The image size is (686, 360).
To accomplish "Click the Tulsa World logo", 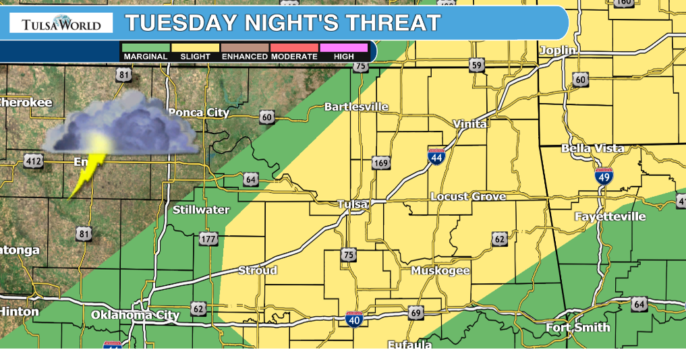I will click(61, 24).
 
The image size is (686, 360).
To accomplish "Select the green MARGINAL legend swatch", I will click(145, 48).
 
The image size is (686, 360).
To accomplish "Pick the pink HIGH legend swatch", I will click(343, 48).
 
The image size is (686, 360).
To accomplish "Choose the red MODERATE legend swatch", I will click(294, 48).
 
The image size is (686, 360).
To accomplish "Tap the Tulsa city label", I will click(353, 204).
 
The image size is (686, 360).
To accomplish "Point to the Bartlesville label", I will click(356, 107).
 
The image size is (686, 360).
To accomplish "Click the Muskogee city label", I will click(440, 271).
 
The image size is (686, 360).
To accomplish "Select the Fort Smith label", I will click(578, 328).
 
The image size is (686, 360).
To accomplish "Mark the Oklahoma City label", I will click(136, 315).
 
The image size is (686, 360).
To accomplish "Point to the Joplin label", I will click(558, 51).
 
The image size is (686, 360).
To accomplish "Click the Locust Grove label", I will click(468, 196).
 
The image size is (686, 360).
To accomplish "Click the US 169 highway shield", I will click(380, 163).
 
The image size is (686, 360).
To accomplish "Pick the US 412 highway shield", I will click(33, 160).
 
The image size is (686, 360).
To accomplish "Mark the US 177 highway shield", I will click(208, 239).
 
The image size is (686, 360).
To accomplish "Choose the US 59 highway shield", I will click(478, 65).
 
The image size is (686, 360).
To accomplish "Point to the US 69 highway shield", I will click(416, 313).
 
